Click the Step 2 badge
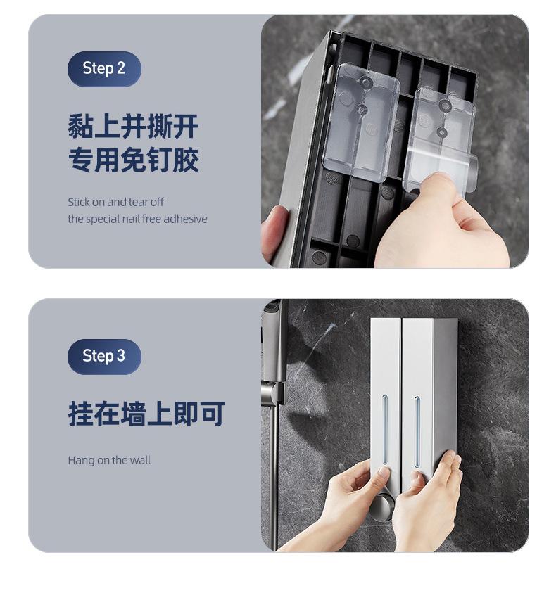pos(104,69)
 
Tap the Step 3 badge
pos(104,356)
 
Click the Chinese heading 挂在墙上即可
pos(146,414)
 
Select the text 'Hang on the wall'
pos(109,460)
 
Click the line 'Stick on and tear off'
pos(116,202)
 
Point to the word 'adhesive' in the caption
pos(186,219)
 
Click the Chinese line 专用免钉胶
pos(134,160)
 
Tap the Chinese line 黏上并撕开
pos(134,127)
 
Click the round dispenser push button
pos(381,506)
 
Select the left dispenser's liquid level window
pos(385,430)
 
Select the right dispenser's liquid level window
pos(417,431)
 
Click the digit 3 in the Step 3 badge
pos(121,356)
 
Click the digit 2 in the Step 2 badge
pos(121,68)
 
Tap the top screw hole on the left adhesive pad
pos(365,82)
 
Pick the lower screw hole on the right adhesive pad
pos(442,132)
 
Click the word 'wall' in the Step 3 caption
pos(140,460)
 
